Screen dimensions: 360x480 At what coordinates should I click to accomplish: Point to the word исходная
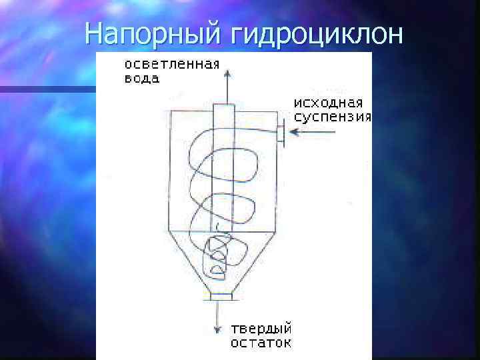(x=329, y=103)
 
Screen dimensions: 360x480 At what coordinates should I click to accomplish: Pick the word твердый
(x=261, y=329)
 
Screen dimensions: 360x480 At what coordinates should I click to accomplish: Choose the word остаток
(x=261, y=343)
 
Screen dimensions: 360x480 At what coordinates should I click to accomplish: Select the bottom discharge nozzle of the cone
(x=221, y=295)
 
